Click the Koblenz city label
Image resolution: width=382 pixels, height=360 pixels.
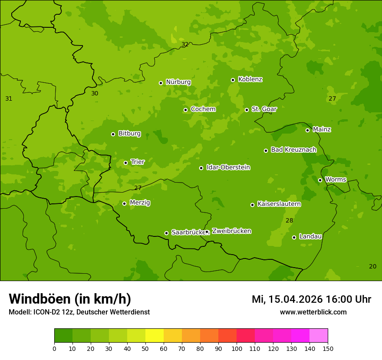point(250,79)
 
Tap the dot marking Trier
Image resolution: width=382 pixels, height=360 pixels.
point(125,163)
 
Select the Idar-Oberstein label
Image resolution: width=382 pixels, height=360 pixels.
point(228,167)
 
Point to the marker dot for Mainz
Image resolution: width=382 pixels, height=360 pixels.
point(307,130)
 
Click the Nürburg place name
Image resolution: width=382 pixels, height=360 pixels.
point(178,82)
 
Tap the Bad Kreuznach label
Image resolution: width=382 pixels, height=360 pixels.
point(293,150)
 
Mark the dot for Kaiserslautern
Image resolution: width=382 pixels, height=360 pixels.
point(252,205)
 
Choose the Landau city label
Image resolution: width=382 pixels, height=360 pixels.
point(310,236)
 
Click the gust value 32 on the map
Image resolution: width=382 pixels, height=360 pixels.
point(185,44)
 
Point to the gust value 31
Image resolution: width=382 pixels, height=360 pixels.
point(9,98)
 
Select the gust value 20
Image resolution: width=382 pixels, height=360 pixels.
point(372,266)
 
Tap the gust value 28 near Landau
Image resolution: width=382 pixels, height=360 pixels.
point(289,220)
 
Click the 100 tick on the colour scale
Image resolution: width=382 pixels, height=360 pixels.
point(237,348)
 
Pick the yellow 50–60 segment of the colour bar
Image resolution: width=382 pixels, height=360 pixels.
point(155,336)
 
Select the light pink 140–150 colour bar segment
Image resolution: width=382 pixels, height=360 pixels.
point(319,336)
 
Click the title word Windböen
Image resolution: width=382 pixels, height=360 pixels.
point(39,299)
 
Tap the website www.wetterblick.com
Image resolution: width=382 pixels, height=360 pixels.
point(313,312)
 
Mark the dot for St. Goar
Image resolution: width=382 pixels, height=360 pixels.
point(247,110)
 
